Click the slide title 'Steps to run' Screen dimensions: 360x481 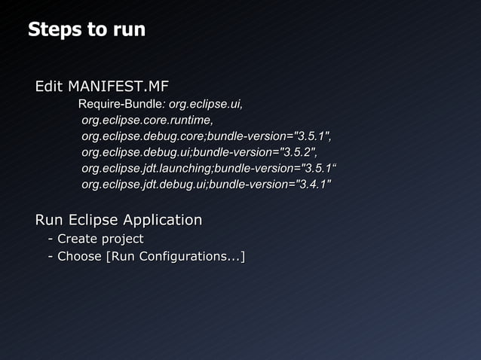pos(86,30)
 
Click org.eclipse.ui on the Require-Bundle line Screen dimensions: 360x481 pos(205,104)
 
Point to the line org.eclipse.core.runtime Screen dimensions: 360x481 pos(146,121)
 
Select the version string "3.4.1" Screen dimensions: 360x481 pos(311,185)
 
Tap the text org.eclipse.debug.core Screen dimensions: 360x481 pos(142,136)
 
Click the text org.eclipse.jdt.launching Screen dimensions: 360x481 pos(146,168)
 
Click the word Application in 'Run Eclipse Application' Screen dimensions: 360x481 pos(162,221)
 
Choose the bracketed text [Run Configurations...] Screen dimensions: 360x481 pos(175,257)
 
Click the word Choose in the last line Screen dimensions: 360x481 pos(79,257)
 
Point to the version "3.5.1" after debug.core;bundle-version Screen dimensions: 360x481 pos(311,136)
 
